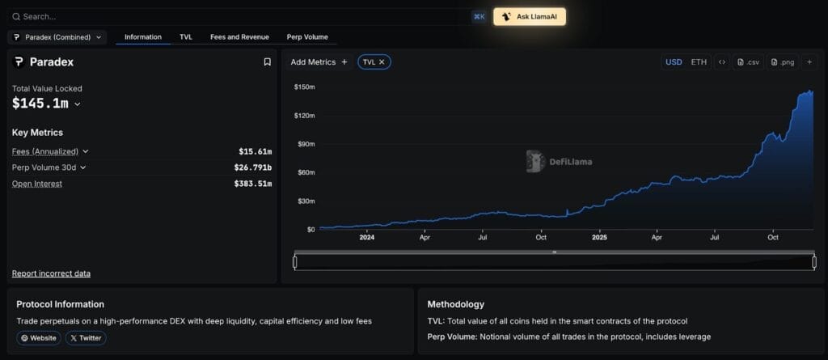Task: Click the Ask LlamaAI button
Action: [529, 16]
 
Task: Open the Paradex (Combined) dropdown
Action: [57, 37]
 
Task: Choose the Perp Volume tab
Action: [307, 37]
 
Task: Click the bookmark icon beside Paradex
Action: [267, 62]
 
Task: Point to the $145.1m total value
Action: [40, 104]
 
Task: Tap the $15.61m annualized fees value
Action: [255, 151]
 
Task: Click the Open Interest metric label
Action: [37, 184]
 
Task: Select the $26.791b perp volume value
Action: [252, 167]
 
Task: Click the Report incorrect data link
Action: [51, 273]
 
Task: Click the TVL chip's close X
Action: [382, 61]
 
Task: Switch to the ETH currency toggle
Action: [699, 62]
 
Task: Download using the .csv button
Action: [749, 62]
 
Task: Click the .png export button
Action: [784, 62]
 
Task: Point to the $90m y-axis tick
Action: [304, 144]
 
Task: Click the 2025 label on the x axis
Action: [599, 237]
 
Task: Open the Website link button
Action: [38, 337]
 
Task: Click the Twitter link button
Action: [85, 337]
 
